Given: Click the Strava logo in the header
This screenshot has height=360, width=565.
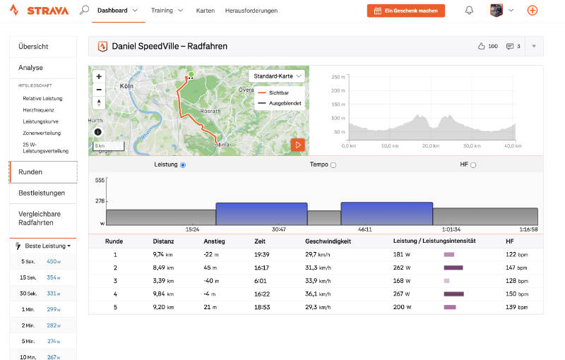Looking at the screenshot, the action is point(39,11).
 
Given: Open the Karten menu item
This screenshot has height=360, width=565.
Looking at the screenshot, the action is point(206,11).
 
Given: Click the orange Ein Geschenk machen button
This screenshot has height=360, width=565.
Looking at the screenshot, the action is point(405,11).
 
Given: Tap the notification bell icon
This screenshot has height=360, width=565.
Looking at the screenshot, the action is point(469,11).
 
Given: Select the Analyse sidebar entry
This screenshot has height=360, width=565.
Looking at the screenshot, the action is point(30,68).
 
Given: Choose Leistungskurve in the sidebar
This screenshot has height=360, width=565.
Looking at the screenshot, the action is point(40,121).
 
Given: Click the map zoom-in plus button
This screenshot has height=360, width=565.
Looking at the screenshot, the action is point(99,76).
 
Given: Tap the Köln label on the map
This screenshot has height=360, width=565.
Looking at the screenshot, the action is point(126,86).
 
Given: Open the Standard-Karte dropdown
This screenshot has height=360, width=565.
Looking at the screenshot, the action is point(277,76).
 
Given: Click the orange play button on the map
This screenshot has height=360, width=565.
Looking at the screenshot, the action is point(297,145).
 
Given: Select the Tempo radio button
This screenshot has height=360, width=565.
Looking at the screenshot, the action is point(333,165).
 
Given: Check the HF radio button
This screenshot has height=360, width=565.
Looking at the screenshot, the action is point(473,165).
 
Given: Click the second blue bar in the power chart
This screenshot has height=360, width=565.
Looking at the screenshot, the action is point(386,214).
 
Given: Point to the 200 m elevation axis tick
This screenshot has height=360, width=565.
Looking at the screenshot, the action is point(338,91).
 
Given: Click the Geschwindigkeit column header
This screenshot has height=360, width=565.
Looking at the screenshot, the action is point(328,241).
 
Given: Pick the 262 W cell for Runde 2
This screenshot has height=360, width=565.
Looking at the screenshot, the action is point(402,268).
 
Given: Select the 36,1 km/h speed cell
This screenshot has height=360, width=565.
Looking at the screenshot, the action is point(318,294).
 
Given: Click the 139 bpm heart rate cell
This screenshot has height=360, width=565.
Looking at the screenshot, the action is point(517,307).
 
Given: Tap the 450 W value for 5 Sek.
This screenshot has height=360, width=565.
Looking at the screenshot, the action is point(54,262).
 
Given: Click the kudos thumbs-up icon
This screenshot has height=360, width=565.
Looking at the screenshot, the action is point(481,46).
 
